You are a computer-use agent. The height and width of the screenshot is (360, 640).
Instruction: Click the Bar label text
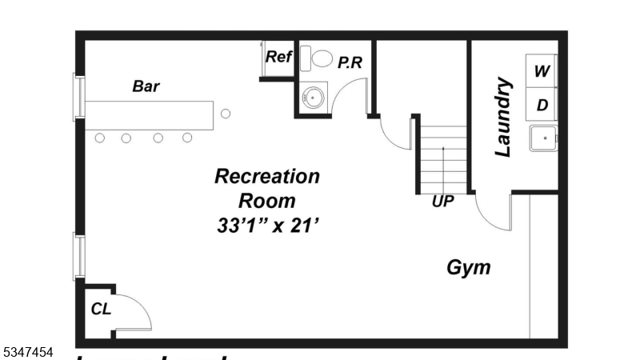146,86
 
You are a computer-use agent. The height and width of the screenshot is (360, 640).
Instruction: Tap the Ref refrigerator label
278,57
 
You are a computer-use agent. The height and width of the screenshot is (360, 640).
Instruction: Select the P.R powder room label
350,62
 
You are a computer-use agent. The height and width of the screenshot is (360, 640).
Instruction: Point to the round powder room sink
313,98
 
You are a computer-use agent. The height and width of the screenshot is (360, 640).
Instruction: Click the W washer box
542,71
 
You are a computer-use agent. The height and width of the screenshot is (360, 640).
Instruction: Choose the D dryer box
542,105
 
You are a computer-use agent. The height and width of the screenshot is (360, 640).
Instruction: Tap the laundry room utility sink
545,138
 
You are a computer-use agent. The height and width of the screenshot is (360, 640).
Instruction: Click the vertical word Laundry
503,117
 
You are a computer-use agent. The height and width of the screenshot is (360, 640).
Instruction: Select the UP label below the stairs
442,202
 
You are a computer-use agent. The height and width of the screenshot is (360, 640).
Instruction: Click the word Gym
469,267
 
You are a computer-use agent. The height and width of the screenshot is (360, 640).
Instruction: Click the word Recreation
267,176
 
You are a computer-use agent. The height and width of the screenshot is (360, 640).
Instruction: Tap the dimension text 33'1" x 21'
267,226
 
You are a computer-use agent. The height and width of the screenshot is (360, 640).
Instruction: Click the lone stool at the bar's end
226,113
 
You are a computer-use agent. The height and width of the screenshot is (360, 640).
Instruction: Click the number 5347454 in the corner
27,351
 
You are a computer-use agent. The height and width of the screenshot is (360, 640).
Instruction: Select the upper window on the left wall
79,96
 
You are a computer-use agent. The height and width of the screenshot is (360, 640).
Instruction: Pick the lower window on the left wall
79,256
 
